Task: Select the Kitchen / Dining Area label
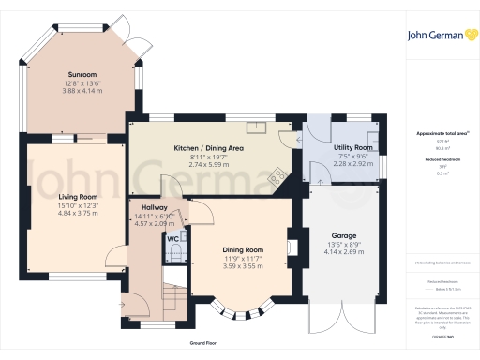202,149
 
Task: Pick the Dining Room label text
242,250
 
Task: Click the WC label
173,239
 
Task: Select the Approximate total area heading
441,134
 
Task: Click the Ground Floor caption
203,344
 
